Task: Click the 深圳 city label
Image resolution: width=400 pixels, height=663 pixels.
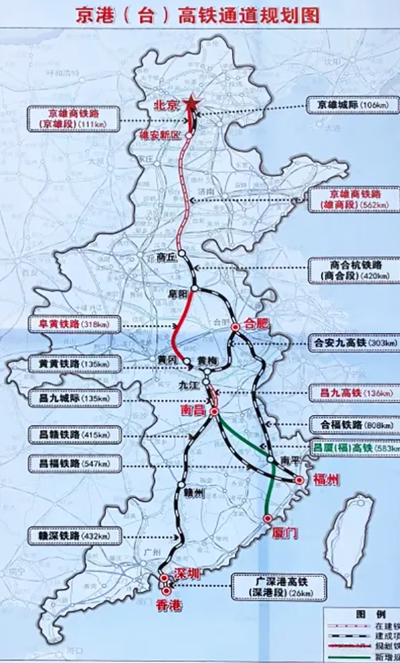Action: point(187,574)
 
